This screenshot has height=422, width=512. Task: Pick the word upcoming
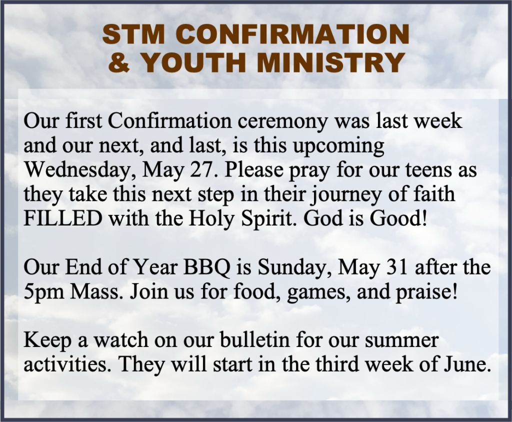tap(338, 146)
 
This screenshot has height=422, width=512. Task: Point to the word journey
tap(346, 195)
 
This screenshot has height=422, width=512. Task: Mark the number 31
tap(396, 267)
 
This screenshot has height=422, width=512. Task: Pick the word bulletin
tap(254, 340)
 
